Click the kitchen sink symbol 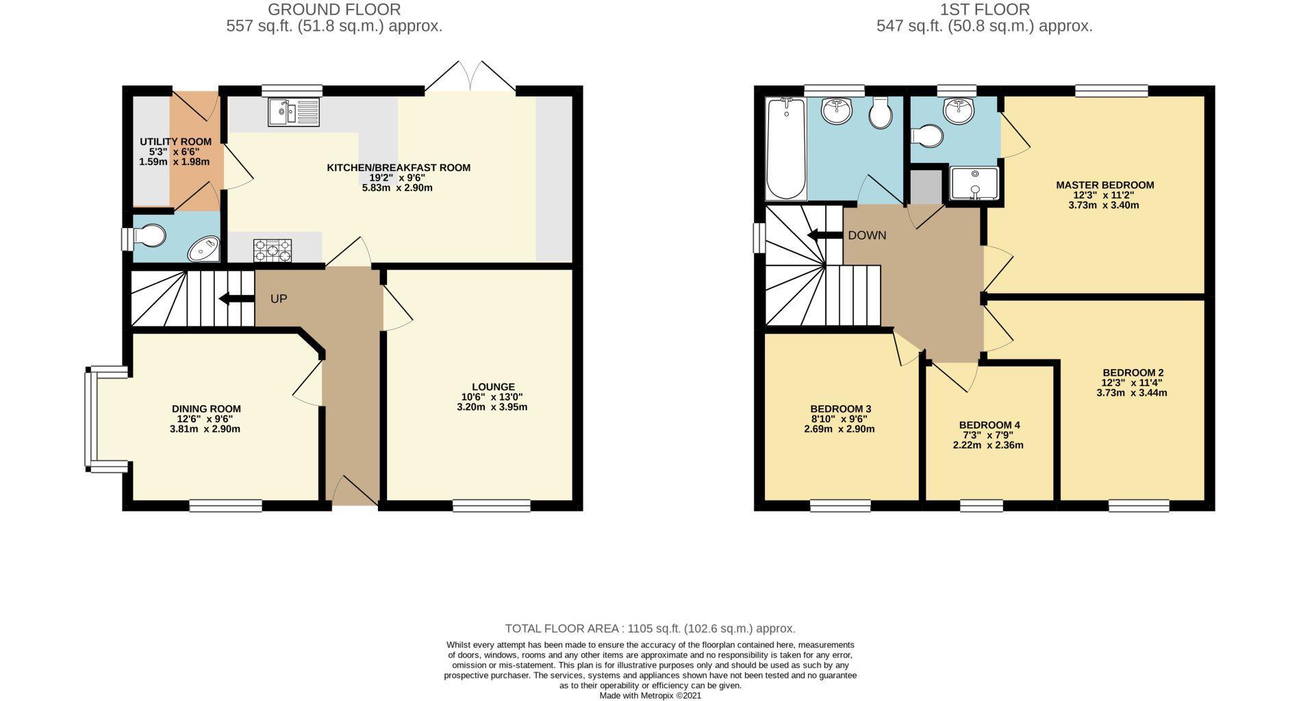(294, 112)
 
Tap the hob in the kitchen (273, 251)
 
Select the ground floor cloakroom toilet (148, 237)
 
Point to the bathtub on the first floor (786, 148)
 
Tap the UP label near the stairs (278, 299)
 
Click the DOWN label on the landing (867, 235)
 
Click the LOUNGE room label (492, 387)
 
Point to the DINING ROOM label (206, 409)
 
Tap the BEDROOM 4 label (989, 425)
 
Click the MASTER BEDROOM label (1104, 185)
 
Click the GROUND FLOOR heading (333, 10)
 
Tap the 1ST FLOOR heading (985, 10)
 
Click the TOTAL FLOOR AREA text (650, 628)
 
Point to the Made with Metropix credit (650, 696)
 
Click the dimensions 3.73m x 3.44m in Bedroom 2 (1131, 393)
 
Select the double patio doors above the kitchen (470, 77)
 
